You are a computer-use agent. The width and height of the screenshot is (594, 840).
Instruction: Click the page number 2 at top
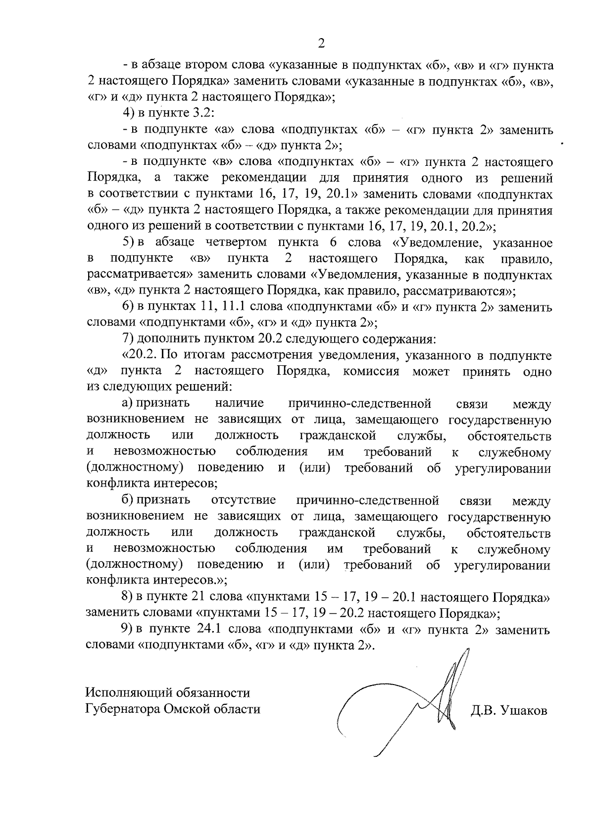(321, 44)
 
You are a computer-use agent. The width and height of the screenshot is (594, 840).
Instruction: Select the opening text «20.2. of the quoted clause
(140, 355)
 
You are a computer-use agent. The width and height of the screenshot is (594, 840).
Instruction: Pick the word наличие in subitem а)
(240, 403)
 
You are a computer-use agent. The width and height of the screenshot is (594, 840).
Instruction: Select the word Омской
(185, 709)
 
